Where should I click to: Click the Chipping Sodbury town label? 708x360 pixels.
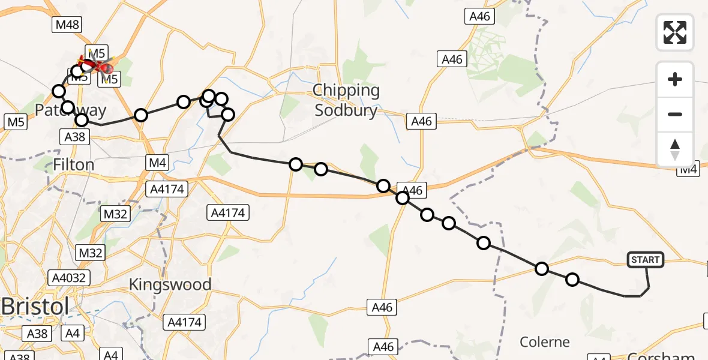point(347,100)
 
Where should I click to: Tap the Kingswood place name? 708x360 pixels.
point(170,284)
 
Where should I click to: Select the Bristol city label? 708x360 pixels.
point(35,305)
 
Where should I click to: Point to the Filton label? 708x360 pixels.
point(73,164)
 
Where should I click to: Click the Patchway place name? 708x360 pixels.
point(70,110)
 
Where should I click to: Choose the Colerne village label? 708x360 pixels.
point(544,342)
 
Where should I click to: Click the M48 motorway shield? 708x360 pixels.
point(67,25)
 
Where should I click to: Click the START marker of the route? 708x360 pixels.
point(646,260)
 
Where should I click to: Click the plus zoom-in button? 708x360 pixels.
point(675,79)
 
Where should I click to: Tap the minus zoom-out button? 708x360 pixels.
point(675,114)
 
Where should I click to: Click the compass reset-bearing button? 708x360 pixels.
point(675,149)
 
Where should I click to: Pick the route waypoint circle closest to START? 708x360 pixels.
point(572,280)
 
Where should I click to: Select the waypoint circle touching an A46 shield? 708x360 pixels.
point(403,197)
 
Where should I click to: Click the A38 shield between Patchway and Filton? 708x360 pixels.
point(75,137)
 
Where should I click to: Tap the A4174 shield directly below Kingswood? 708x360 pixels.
point(184,322)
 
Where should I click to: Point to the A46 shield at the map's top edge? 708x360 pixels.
point(479,17)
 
